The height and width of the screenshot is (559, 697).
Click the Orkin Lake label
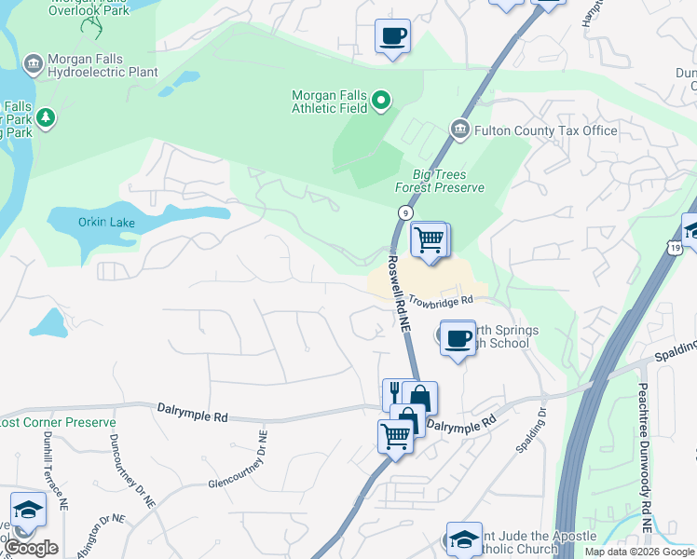tap(108, 223)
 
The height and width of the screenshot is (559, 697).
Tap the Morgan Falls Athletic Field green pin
tap(380, 100)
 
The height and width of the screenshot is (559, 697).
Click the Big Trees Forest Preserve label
tap(440, 181)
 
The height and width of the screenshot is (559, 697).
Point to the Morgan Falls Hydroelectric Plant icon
tap(34, 63)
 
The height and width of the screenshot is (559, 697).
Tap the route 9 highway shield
tap(404, 213)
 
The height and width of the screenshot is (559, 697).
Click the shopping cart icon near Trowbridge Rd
tap(429, 239)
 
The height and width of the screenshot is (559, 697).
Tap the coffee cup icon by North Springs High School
tap(458, 337)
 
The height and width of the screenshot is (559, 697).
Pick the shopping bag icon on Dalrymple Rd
tap(419, 398)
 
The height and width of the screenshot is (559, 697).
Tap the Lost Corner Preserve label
tap(37, 422)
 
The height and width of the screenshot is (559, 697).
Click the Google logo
tap(32, 547)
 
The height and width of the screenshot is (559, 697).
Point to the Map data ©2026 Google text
tap(638, 552)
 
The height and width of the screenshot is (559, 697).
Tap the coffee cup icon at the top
tap(391, 36)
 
